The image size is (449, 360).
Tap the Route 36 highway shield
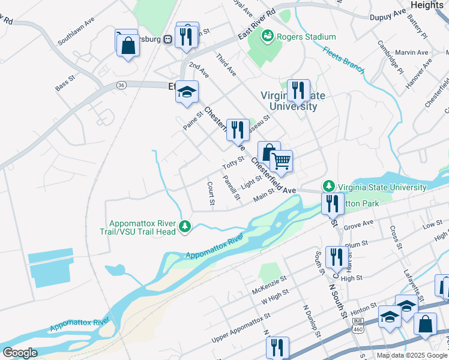(x=121, y=86)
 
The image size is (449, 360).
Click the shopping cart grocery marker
(x=281, y=161)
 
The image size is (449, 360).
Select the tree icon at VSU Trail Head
(x=186, y=226)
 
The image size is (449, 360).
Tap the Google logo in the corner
(x=20, y=353)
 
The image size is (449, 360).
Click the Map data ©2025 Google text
(x=412, y=355)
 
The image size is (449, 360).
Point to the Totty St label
(x=233, y=162)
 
